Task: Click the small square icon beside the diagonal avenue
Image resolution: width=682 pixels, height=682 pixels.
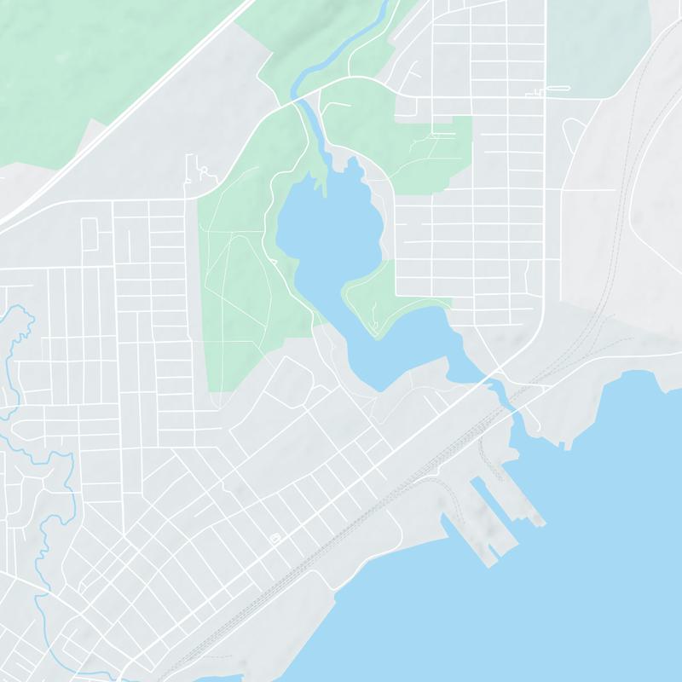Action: pos(275,539)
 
